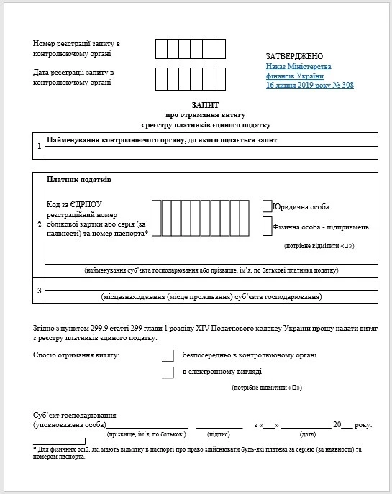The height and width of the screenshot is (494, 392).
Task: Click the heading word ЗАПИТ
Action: [x=196, y=104]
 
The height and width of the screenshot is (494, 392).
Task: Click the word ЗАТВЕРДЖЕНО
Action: [x=295, y=56]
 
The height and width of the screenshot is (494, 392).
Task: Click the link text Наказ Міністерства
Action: [x=294, y=66]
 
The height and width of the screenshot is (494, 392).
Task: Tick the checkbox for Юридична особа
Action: [x=268, y=206]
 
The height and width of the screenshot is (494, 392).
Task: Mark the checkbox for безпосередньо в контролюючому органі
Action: [x=168, y=355]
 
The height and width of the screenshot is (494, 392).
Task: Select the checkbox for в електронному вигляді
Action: [x=168, y=372]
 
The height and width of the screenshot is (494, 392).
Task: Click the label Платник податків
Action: [x=78, y=179]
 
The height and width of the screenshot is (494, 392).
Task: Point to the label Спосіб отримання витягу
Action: [x=76, y=355]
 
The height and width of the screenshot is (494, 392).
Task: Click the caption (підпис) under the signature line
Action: [x=218, y=435]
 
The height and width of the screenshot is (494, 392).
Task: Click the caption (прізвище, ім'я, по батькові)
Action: [x=147, y=435]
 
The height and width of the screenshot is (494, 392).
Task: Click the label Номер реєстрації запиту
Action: [x=76, y=44]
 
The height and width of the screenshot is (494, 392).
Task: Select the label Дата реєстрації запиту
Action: [x=74, y=73]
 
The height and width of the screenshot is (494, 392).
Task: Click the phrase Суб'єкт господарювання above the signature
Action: [x=75, y=416]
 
